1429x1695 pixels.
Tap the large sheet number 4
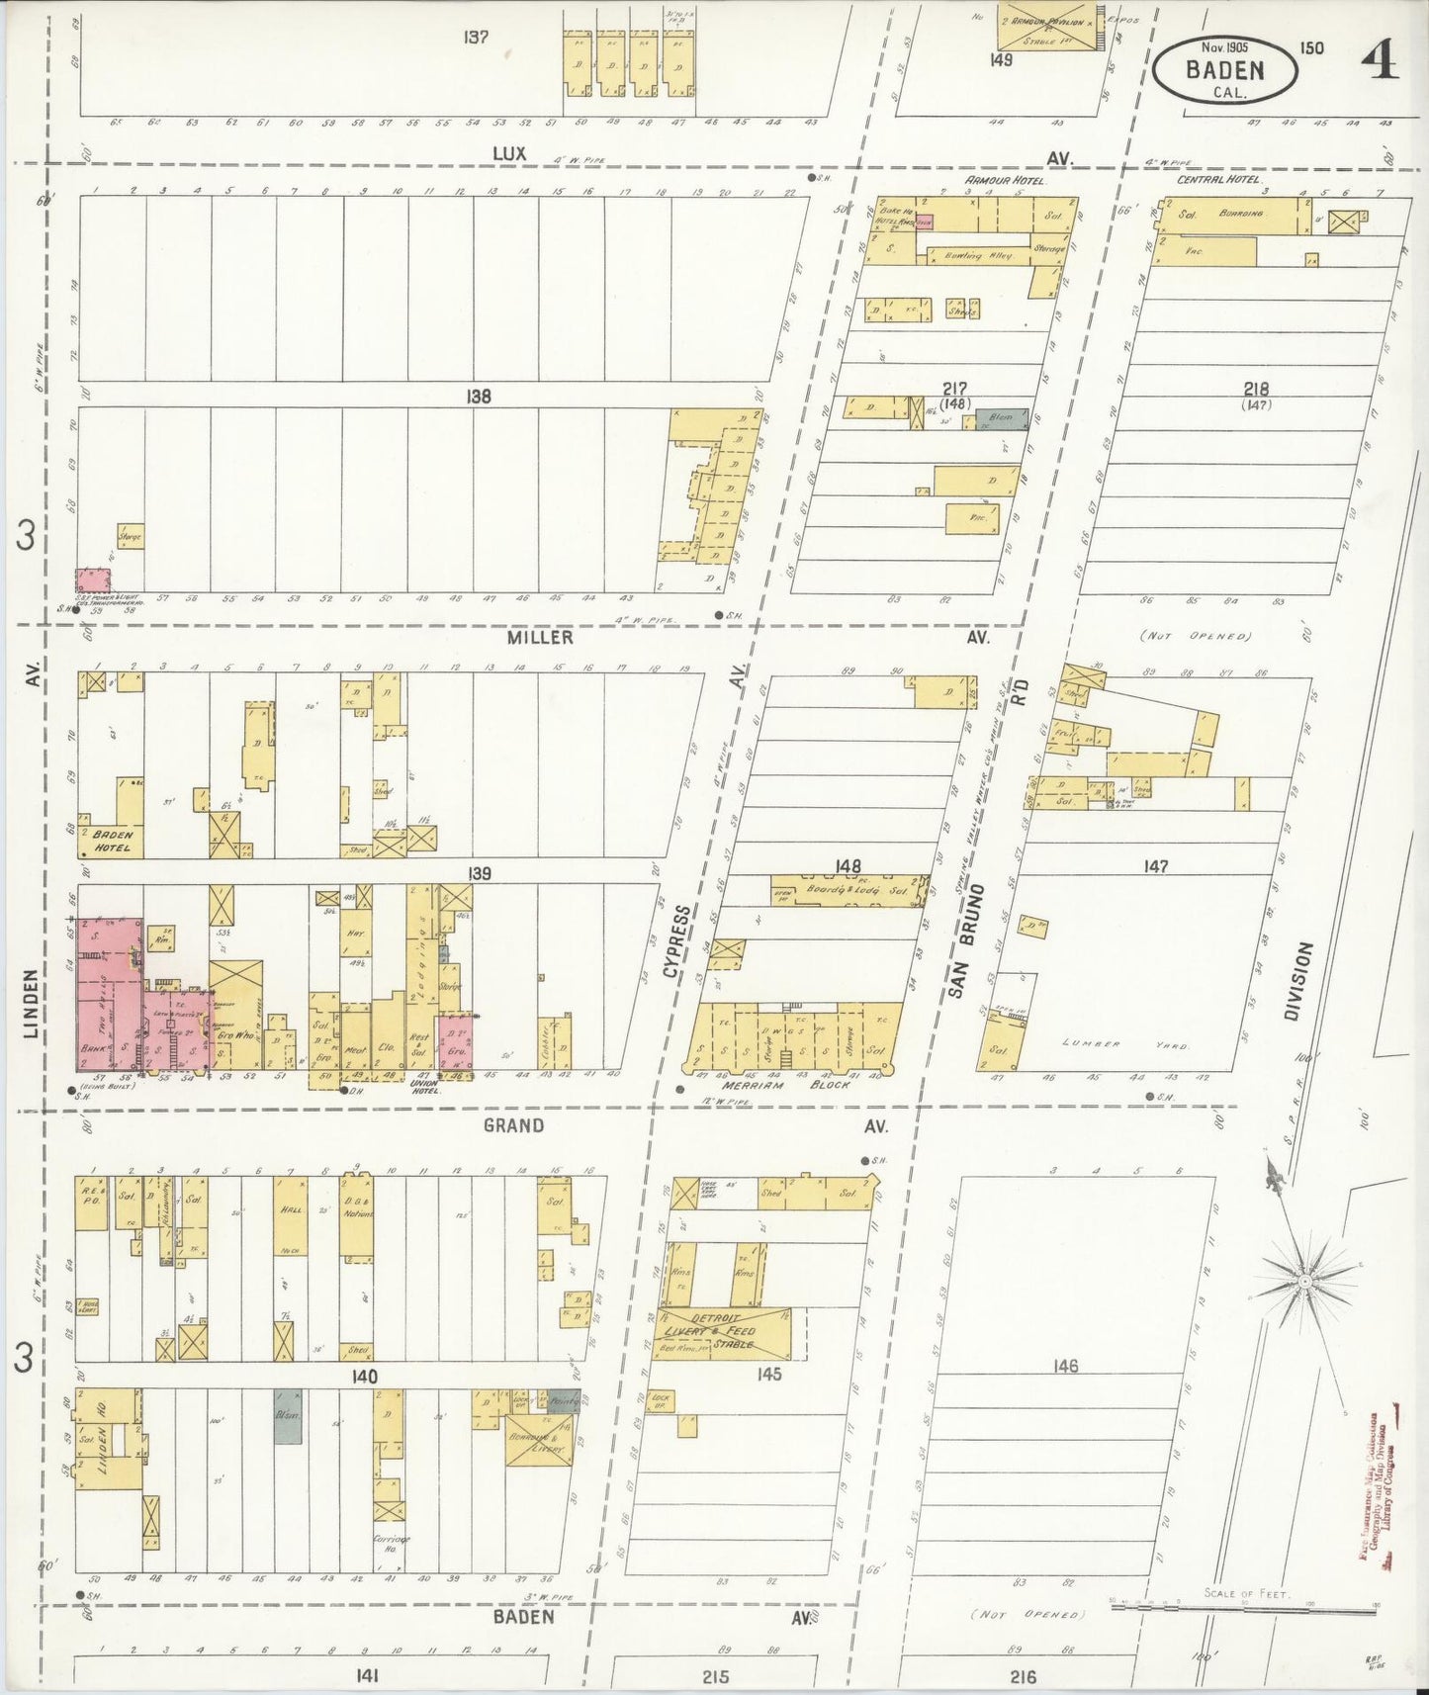click(x=1380, y=61)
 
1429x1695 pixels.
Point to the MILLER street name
click(x=540, y=638)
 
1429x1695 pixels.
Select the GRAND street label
click(x=513, y=1125)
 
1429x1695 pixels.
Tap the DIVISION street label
click(x=1303, y=994)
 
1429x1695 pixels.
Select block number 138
click(x=479, y=397)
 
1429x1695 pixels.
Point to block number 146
click(x=1065, y=1367)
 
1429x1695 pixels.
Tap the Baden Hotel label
click(x=113, y=841)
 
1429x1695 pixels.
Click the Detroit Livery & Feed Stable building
click(x=723, y=1331)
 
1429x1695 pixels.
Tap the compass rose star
click(x=1303, y=1281)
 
